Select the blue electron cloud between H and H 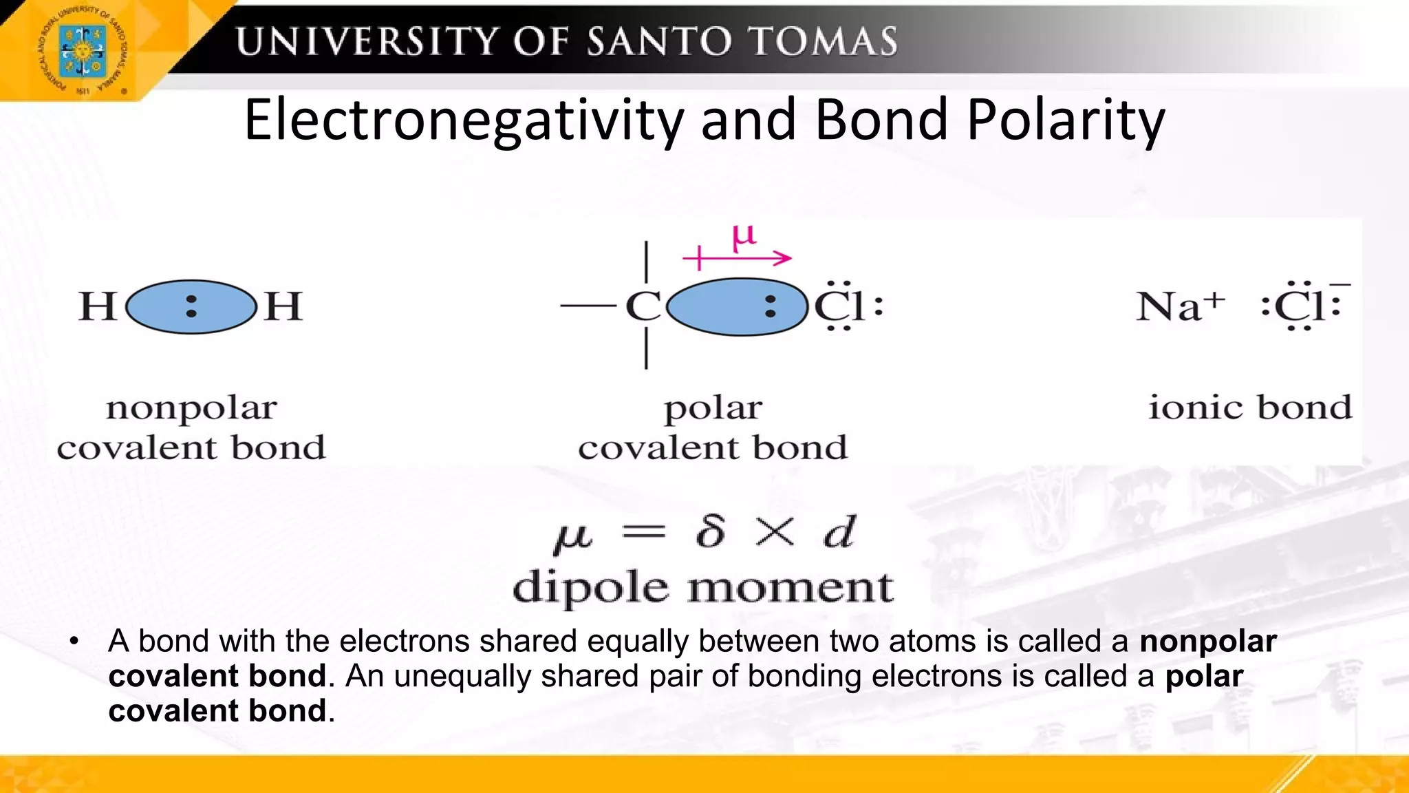click(191, 306)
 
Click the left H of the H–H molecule click(96, 306)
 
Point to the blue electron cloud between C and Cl click(736, 307)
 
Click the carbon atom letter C click(643, 306)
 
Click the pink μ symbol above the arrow click(744, 237)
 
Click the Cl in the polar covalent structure click(839, 306)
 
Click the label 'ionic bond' click(1249, 407)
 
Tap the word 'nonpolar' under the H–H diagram click(191, 408)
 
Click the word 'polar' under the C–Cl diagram click(713, 408)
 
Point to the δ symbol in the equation click(710, 531)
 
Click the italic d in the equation click(839, 531)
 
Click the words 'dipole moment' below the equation click(703, 588)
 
